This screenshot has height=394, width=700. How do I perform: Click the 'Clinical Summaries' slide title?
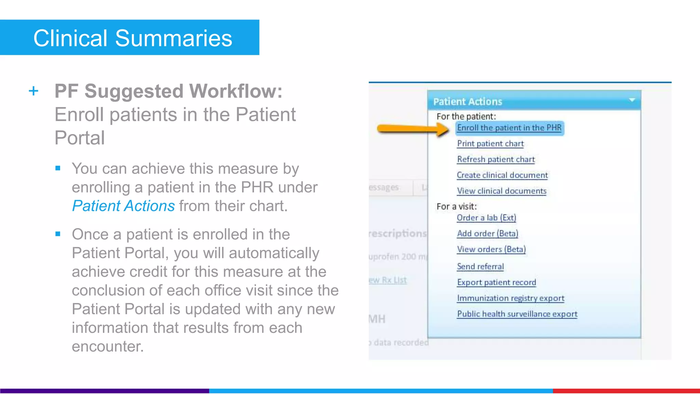pyautogui.click(x=133, y=38)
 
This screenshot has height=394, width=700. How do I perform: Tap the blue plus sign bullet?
pyautogui.click(x=33, y=91)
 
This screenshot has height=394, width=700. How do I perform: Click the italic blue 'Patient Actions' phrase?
pyautogui.click(x=123, y=206)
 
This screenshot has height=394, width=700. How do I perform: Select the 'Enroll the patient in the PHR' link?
pyautogui.click(x=509, y=128)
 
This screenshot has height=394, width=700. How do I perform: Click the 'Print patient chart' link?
pyautogui.click(x=490, y=144)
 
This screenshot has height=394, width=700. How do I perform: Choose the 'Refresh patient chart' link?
pyautogui.click(x=496, y=159)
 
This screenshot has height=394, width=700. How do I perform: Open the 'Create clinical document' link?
pyautogui.click(x=502, y=175)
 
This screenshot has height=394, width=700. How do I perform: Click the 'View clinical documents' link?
pyautogui.click(x=502, y=191)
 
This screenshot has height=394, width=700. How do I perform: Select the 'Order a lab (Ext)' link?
pyautogui.click(x=486, y=218)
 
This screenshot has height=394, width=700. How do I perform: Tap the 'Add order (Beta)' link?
pyautogui.click(x=488, y=234)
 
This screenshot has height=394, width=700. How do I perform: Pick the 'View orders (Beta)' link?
pyautogui.click(x=492, y=249)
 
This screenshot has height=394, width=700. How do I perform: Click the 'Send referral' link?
pyautogui.click(x=480, y=266)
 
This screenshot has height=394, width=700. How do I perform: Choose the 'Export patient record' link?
pyautogui.click(x=497, y=283)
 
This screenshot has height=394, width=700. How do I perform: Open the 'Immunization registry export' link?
pyautogui.click(x=511, y=298)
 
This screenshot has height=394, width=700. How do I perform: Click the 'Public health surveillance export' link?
pyautogui.click(x=517, y=314)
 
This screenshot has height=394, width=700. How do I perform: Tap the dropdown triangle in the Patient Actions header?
pyautogui.click(x=632, y=100)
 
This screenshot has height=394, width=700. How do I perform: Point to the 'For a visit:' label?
pyautogui.click(x=457, y=207)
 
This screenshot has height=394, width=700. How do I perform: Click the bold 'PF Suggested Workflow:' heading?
pyautogui.click(x=169, y=91)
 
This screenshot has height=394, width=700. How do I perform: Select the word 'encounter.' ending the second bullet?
pyautogui.click(x=108, y=346)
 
